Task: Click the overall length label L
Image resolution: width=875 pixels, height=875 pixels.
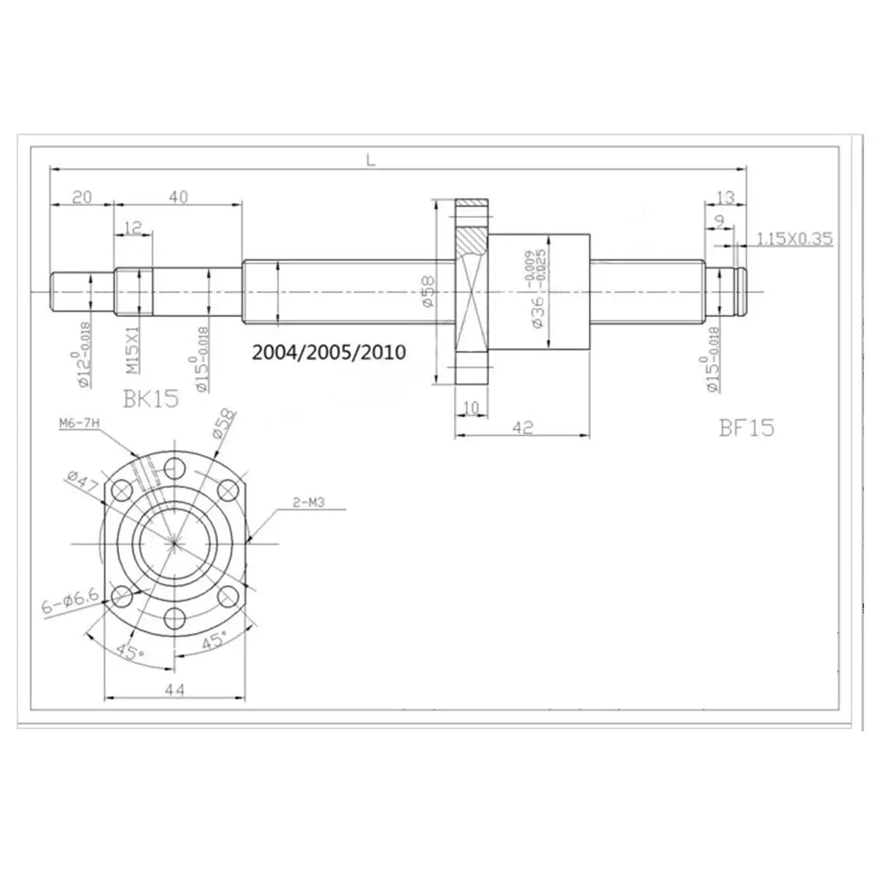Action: (x=370, y=161)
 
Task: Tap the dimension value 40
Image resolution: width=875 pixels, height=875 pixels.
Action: (x=178, y=197)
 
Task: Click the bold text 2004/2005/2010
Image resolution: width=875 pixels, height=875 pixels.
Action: (x=327, y=352)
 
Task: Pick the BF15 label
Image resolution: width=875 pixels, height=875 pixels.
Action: (x=746, y=427)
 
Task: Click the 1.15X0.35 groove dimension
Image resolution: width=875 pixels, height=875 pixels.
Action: (x=795, y=238)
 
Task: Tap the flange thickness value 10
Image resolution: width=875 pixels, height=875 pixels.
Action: (x=471, y=407)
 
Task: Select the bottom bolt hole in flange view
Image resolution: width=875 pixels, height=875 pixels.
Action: (x=175, y=618)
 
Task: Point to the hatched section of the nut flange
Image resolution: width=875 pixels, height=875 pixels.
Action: (x=472, y=241)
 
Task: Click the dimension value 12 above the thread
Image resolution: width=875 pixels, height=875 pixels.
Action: (x=133, y=228)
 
